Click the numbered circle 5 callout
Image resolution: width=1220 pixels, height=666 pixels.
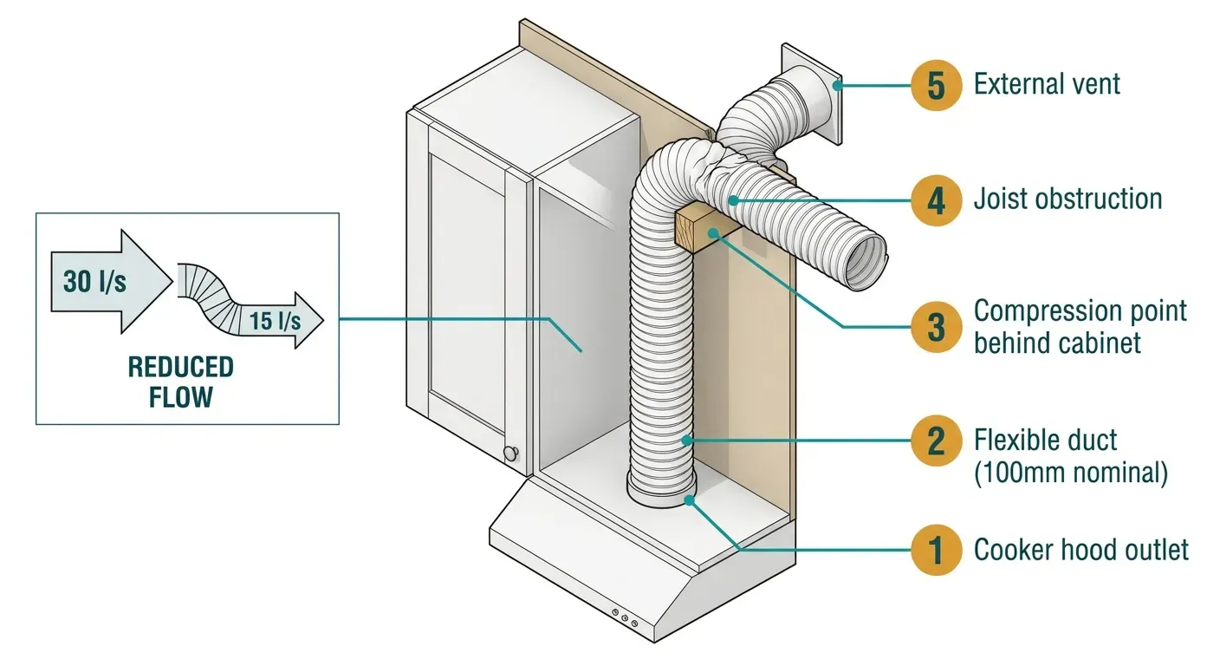click(936, 85)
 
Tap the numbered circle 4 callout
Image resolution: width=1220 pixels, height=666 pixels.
click(936, 199)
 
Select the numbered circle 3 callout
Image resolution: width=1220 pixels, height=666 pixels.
click(936, 327)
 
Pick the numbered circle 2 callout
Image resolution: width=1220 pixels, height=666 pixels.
click(936, 441)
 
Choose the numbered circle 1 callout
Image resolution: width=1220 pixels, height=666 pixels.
click(936, 550)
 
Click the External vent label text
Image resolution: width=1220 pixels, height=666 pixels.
click(1047, 84)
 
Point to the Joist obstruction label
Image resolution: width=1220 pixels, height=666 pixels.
click(1067, 199)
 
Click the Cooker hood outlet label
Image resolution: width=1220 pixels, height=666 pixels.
click(1080, 550)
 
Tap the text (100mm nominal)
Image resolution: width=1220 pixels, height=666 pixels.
click(1071, 473)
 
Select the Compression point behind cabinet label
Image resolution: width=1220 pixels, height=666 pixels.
click(1080, 327)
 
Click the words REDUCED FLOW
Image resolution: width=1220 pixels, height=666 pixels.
click(181, 382)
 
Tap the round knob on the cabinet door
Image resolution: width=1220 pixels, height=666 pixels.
click(511, 453)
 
